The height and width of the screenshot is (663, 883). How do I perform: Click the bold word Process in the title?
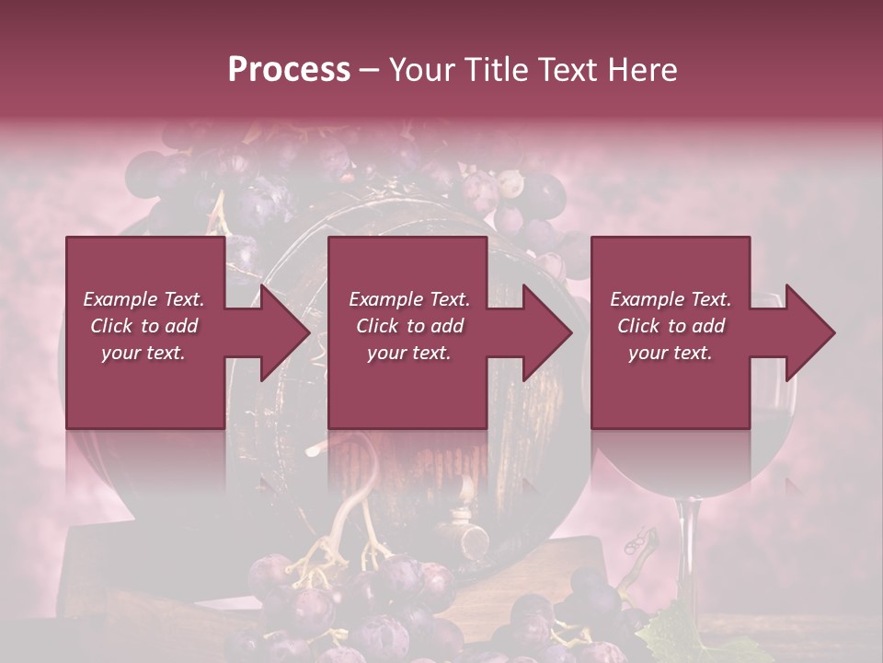pyautogui.click(x=289, y=70)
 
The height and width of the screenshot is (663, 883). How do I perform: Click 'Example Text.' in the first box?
pyautogui.click(x=143, y=299)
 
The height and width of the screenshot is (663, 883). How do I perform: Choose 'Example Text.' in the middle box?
pyautogui.click(x=409, y=299)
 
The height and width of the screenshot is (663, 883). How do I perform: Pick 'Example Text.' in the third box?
pyautogui.click(x=671, y=299)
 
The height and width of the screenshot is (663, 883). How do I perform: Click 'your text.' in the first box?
pyautogui.click(x=143, y=353)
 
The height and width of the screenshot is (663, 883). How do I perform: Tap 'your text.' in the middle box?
pyautogui.click(x=409, y=353)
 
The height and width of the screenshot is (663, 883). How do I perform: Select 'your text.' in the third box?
pyautogui.click(x=671, y=353)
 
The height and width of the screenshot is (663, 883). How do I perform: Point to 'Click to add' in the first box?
pyautogui.click(x=143, y=326)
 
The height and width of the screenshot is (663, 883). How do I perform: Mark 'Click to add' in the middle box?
pyautogui.click(x=409, y=326)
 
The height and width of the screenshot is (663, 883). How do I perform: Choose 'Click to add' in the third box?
pyautogui.click(x=671, y=326)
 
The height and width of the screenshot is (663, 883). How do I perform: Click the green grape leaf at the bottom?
pyautogui.click(x=676, y=635)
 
